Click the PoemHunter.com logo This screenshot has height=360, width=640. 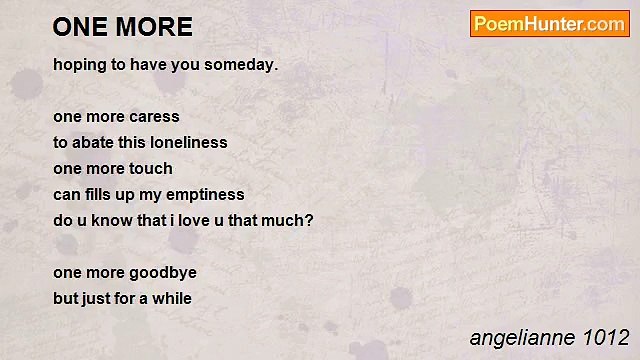click(x=549, y=24)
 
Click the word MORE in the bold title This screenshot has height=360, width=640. click(x=155, y=27)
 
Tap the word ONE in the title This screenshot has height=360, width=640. click(x=81, y=27)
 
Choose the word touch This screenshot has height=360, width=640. click(x=150, y=168)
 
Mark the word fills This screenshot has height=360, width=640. click(x=104, y=194)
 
